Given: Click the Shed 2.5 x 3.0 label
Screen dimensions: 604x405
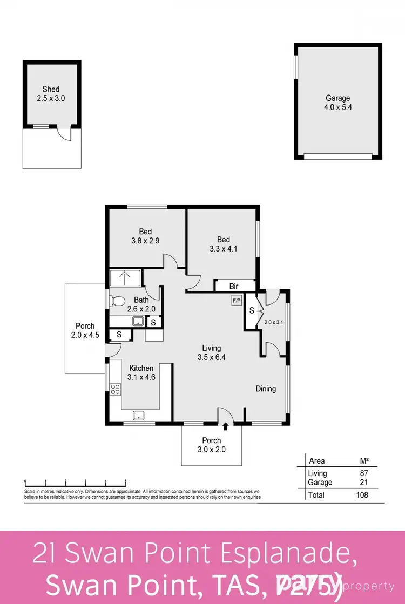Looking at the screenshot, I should tap(51, 94).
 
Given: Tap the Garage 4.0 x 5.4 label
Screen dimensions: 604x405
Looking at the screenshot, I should tap(337, 103).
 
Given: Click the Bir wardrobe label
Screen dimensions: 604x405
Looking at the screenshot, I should tap(234, 286).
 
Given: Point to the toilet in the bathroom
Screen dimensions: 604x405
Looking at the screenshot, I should tap(118, 301).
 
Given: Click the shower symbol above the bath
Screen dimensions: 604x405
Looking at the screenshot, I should tap(125, 279).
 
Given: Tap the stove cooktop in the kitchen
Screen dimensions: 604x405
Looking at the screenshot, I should tap(115, 389).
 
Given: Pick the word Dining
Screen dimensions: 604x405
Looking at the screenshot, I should tap(266, 389).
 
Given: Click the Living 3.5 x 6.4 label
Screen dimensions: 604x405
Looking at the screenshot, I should tap(212, 352).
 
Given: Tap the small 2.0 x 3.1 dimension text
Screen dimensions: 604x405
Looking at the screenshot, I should tap(273, 322).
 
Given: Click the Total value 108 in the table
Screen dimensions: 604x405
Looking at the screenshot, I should tap(362, 495).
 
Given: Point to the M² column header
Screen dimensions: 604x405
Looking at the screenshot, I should tap(364, 461).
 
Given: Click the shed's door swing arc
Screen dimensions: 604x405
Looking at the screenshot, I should tap(65, 135).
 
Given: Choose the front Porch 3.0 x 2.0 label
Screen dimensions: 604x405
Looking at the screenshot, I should tap(211, 445).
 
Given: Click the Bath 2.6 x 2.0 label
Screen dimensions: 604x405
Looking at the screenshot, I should tap(141, 304).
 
